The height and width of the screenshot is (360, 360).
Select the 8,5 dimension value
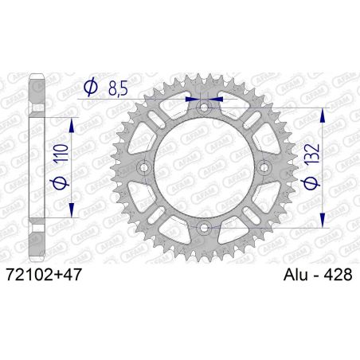tap(115, 87)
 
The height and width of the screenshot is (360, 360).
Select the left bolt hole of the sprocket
tap(143, 167)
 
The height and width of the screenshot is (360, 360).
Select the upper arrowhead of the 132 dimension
tap(322, 112)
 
